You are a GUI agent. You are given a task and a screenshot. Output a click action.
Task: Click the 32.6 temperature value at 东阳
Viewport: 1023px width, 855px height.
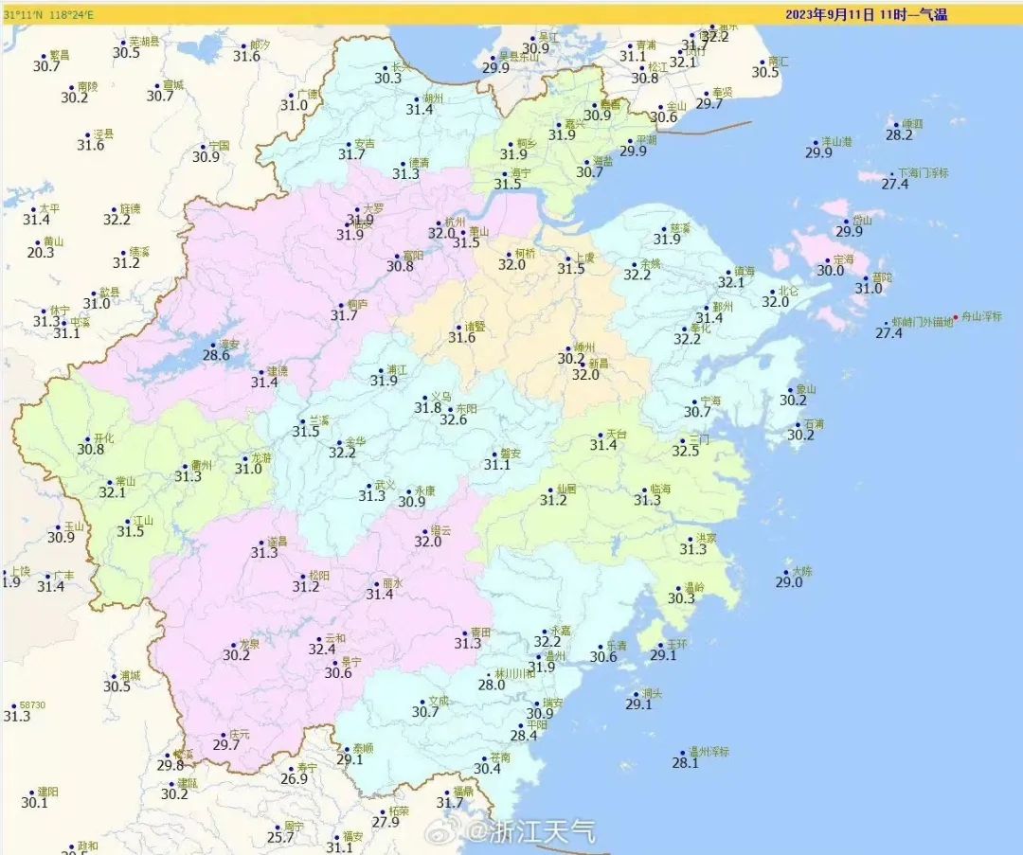click(453, 419)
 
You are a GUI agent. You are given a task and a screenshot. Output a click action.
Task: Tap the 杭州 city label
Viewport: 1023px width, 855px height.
click(456, 222)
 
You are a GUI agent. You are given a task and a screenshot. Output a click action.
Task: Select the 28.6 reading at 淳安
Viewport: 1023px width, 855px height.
click(216, 355)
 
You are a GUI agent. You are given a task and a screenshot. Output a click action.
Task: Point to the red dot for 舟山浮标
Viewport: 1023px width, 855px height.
click(955, 317)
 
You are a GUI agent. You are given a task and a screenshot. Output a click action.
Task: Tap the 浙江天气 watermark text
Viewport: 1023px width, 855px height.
click(543, 832)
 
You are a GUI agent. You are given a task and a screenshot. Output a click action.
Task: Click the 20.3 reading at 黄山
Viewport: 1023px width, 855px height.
click(41, 253)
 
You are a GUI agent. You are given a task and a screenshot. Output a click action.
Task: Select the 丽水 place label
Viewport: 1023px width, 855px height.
click(392, 584)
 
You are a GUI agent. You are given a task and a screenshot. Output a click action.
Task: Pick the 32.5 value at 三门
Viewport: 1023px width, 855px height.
click(686, 451)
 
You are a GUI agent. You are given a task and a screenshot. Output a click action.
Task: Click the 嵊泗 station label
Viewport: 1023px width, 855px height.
click(913, 124)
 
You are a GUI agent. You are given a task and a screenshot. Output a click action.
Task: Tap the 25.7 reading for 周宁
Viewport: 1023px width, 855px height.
click(280, 837)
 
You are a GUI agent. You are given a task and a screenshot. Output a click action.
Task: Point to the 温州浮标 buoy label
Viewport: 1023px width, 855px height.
click(709, 752)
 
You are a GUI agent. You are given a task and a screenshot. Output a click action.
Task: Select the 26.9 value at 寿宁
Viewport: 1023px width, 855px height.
click(295, 779)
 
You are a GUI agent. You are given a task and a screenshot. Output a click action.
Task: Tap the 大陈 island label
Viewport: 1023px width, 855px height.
click(802, 571)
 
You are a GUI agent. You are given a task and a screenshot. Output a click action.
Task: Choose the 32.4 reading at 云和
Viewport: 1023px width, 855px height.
click(322, 649)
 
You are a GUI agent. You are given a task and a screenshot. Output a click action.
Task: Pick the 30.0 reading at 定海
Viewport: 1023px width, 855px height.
click(830, 270)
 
